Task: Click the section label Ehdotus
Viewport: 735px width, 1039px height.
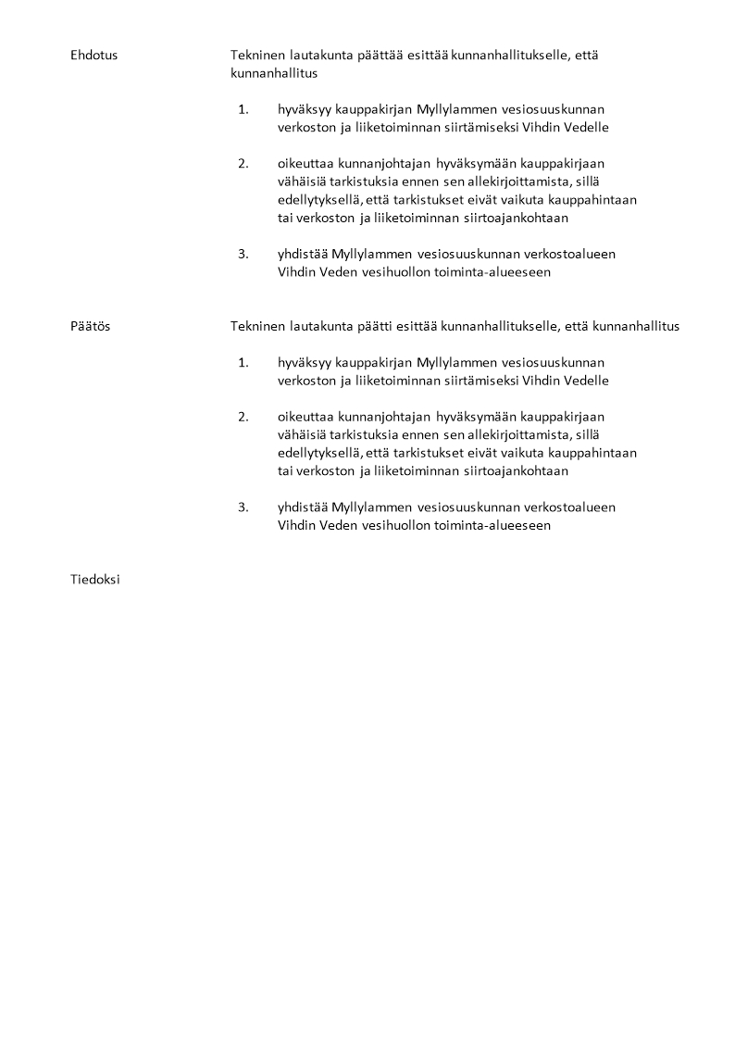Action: pyautogui.click(x=93, y=56)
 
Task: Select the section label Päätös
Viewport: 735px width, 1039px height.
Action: pyautogui.click(x=90, y=326)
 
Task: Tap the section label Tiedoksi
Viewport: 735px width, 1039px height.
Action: pyautogui.click(x=95, y=580)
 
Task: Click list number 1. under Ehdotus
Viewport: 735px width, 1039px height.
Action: pyautogui.click(x=243, y=109)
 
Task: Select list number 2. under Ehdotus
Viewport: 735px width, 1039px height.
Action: pyautogui.click(x=243, y=164)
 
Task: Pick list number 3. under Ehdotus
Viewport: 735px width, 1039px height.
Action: pyautogui.click(x=243, y=254)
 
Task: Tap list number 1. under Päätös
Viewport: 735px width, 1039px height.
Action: pyautogui.click(x=243, y=362)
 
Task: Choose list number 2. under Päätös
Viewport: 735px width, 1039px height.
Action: pyautogui.click(x=243, y=417)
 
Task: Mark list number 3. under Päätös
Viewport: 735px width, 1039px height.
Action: pyautogui.click(x=243, y=507)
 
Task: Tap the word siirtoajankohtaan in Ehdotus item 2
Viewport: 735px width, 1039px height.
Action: pyautogui.click(x=516, y=219)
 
